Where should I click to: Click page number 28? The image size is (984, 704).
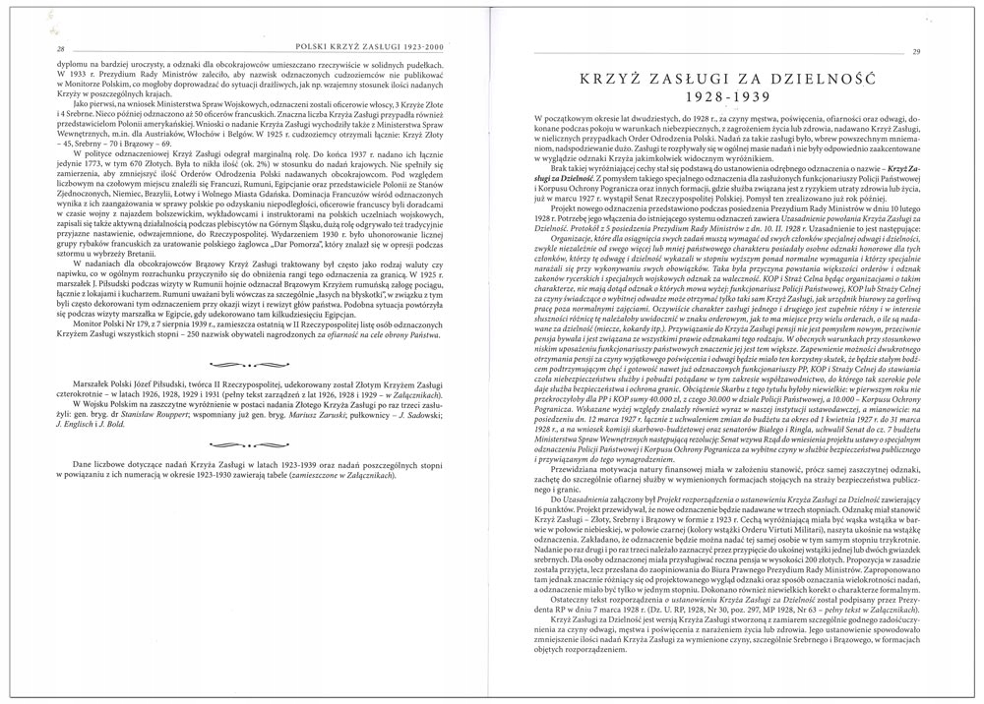pos(33,49)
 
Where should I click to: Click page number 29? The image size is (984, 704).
pos(944,52)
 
